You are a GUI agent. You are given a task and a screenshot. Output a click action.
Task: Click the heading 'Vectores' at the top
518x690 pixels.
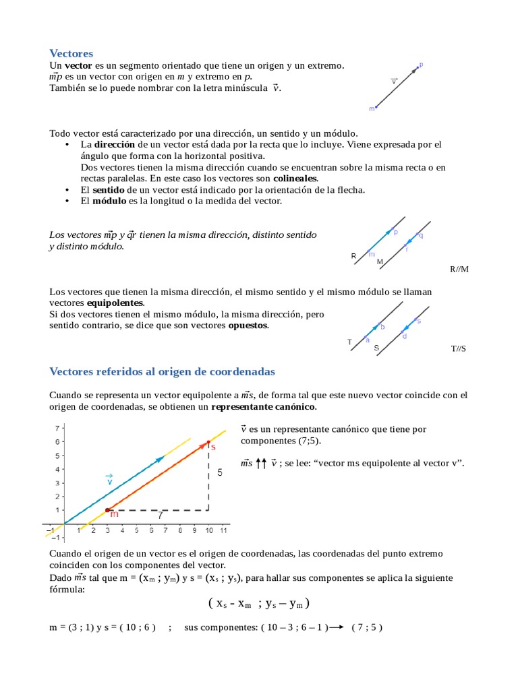[71, 53]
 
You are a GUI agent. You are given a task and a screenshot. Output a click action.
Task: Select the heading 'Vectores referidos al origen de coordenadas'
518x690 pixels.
[163, 372]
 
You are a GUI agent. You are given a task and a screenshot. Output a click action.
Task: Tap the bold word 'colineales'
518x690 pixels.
[295, 179]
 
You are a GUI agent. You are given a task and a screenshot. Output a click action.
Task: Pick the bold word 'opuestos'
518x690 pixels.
[248, 326]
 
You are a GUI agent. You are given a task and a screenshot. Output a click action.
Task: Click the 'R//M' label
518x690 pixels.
[459, 270]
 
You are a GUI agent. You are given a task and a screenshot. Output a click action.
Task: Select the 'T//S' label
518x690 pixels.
[459, 349]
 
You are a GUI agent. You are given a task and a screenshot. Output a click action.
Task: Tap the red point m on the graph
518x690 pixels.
[107, 510]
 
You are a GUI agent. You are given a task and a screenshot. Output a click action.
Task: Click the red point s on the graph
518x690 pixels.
[208, 442]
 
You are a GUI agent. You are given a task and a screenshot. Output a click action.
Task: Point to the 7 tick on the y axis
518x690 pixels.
[58, 428]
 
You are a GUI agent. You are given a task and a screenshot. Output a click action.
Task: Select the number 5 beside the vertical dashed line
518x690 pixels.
[220, 473]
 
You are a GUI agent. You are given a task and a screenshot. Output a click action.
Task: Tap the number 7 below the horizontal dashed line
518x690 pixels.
[160, 516]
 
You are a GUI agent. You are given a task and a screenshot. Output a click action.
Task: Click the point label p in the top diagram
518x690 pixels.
[421, 65]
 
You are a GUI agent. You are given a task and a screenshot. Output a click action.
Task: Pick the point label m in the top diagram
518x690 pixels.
[371, 108]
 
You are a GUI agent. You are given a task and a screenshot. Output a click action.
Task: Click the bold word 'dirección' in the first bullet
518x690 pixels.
[115, 145]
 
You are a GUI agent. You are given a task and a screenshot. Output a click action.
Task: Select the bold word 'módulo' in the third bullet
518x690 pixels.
[109, 201]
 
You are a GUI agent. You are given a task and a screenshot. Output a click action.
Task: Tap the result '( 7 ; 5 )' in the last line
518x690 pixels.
[367, 627]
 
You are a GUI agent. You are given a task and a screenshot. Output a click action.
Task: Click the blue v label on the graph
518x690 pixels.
[109, 481]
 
